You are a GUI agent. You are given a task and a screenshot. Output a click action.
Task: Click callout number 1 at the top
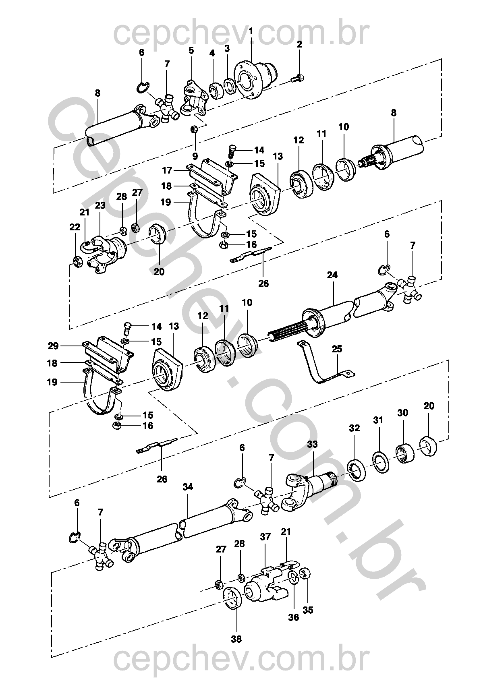pyautogui.click(x=251, y=31)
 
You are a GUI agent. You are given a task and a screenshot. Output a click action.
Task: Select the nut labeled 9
pyautogui.click(x=194, y=129)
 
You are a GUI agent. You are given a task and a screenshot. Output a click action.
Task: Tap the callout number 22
pyautogui.click(x=75, y=227)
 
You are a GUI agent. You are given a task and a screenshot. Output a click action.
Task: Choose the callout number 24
pyautogui.click(x=332, y=275)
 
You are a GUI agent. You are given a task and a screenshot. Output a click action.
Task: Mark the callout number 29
pyautogui.click(x=53, y=346)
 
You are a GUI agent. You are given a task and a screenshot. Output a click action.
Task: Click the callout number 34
pyautogui.click(x=188, y=487)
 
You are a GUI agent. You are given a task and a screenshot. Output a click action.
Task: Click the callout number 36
pyautogui.click(x=294, y=617)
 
